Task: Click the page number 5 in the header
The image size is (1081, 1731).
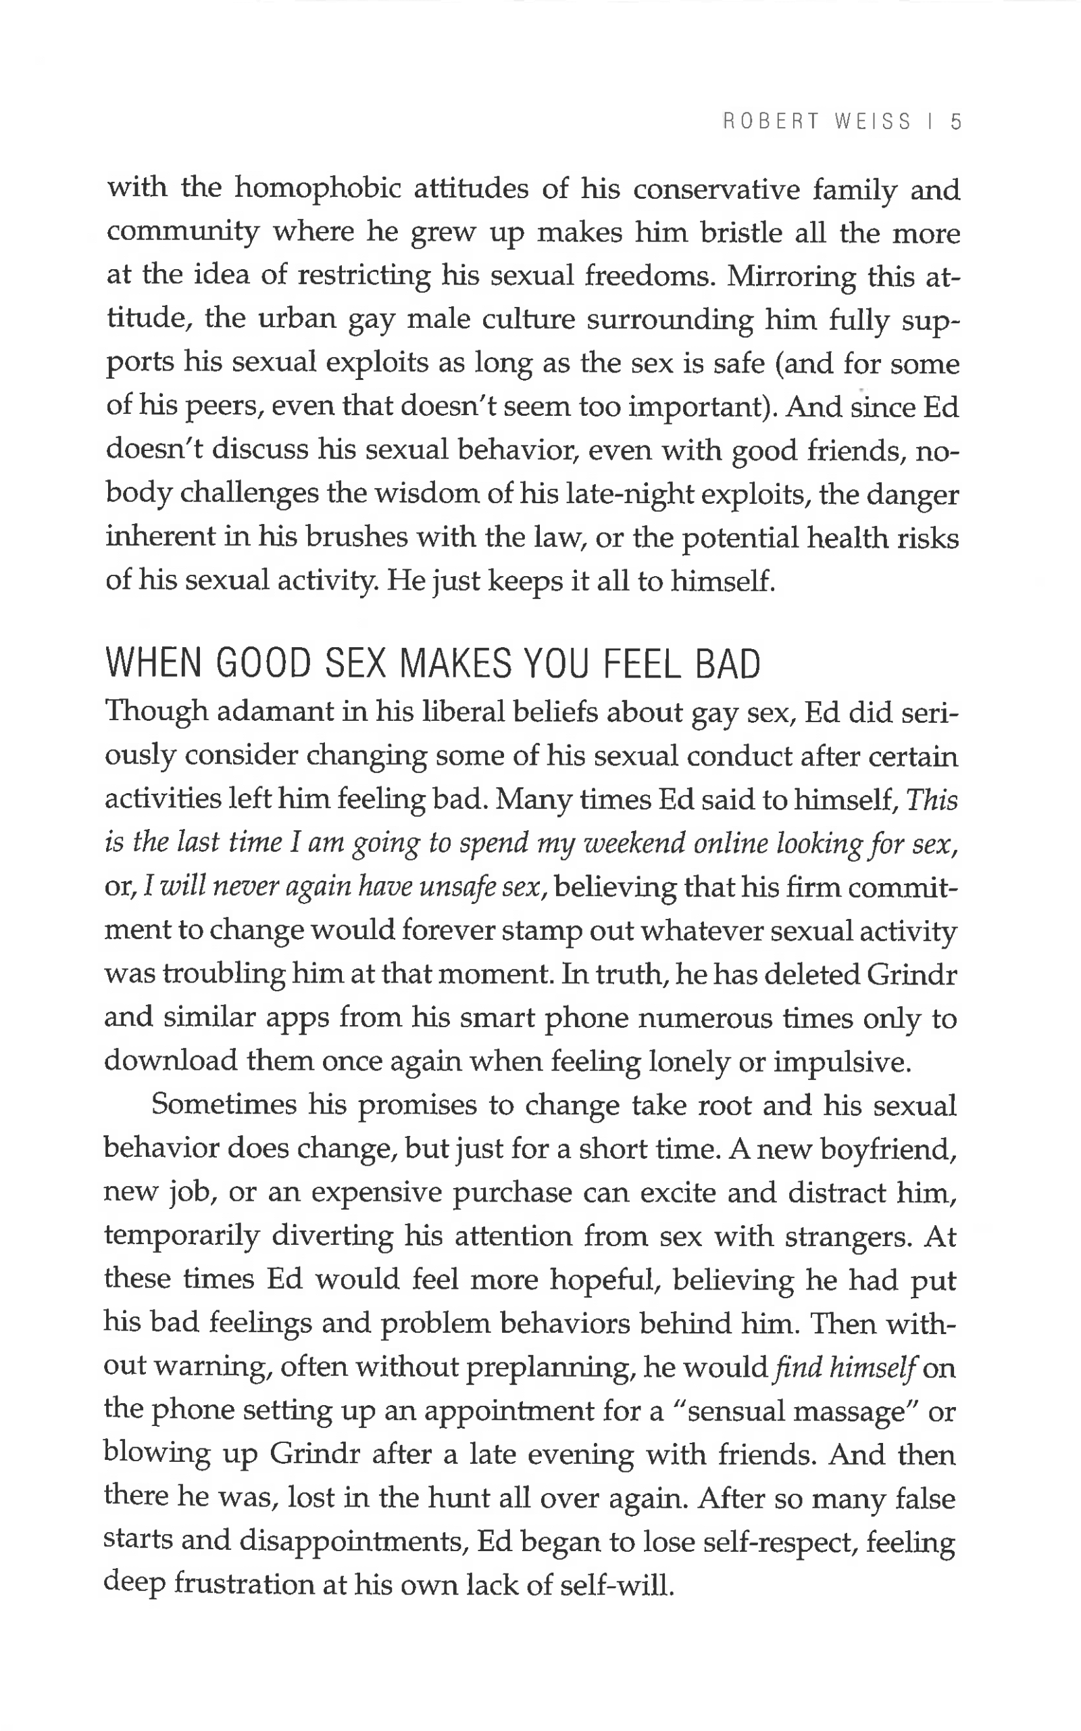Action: click(x=956, y=122)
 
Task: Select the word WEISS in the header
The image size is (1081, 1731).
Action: click(x=873, y=122)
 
